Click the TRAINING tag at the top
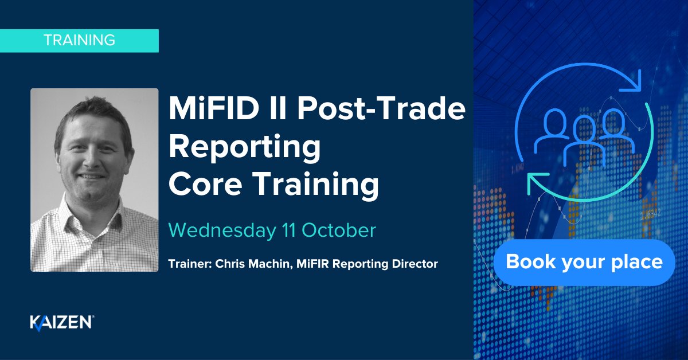click(x=79, y=41)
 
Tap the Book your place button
click(x=584, y=263)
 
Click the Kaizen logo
click(x=61, y=323)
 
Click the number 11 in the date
click(x=286, y=230)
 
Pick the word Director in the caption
click(x=417, y=264)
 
